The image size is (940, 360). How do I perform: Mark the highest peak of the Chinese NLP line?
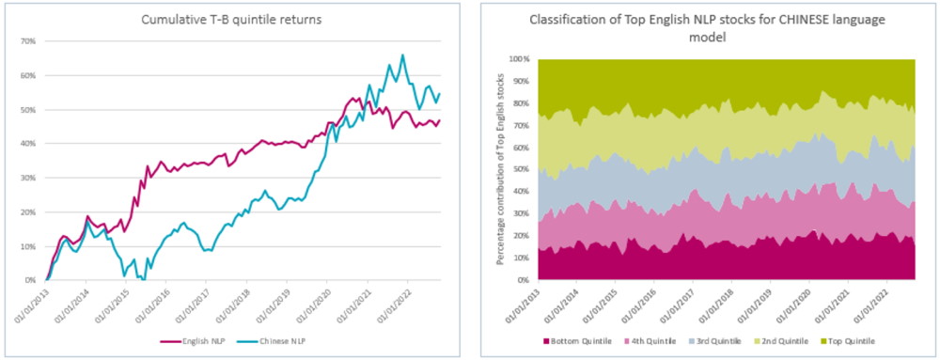point(403,55)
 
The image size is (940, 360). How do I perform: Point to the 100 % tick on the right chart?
point(520,58)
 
